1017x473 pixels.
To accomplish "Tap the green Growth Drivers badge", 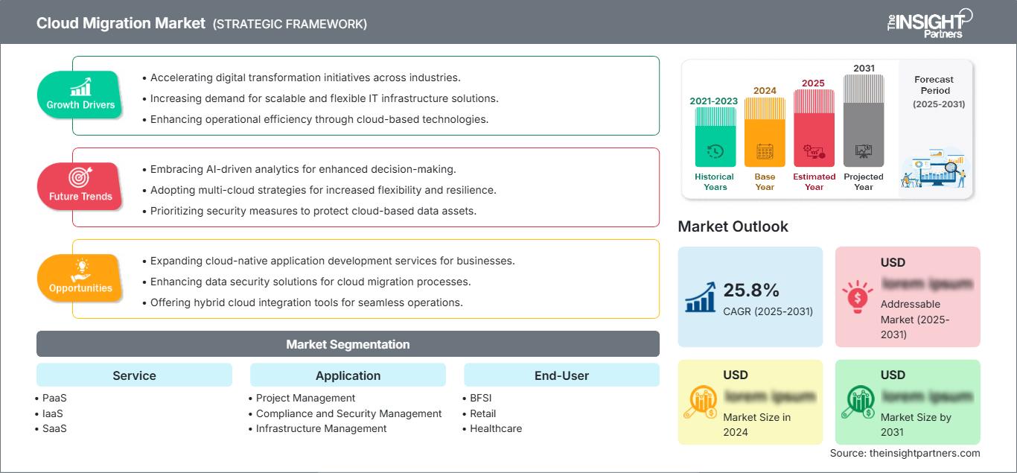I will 80,95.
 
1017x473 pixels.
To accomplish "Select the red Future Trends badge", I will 80,186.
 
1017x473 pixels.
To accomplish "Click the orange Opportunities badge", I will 80,278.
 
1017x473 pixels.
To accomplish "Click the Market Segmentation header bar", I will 348,344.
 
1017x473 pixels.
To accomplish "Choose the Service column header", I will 134,375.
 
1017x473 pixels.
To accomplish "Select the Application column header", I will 348,375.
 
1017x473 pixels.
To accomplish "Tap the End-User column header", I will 561,375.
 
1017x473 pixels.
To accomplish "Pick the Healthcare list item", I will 496,428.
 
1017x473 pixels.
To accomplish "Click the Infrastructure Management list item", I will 321,428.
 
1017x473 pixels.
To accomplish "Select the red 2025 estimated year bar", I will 814,130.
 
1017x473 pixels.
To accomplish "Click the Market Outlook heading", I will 733,226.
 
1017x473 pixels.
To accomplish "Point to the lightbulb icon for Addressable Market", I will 858,296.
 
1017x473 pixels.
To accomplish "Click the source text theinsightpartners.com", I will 905,453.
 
